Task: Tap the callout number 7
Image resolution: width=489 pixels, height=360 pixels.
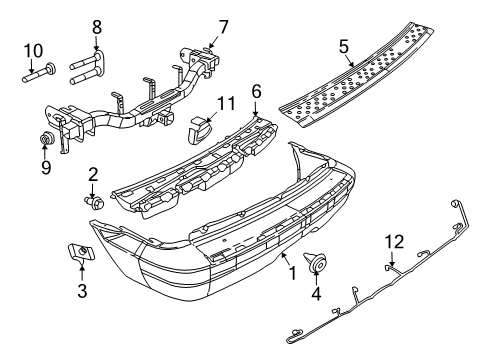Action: (224, 24)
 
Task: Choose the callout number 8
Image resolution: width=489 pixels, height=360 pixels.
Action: (97, 26)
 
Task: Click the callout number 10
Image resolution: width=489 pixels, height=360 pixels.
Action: (32, 48)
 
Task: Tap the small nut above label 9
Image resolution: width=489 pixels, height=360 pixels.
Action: (45, 136)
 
